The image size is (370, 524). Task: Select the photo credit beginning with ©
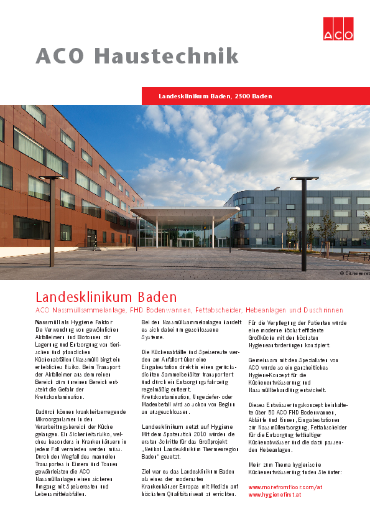point(354,273)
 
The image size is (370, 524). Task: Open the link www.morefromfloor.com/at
point(286,487)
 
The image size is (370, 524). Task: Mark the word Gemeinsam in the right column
point(263,360)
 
